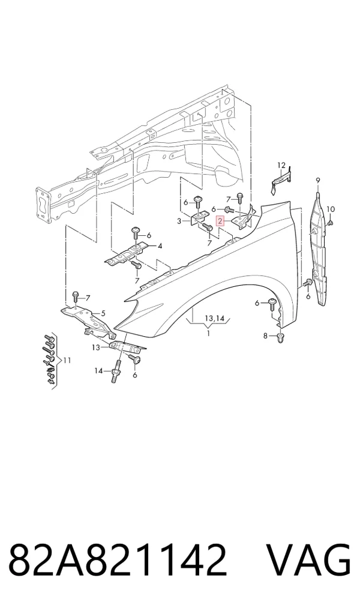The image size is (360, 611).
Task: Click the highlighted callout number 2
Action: [220, 221]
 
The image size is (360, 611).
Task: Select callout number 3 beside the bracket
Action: [179, 221]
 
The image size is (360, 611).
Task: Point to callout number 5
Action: [103, 313]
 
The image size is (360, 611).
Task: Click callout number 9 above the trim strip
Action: [318, 180]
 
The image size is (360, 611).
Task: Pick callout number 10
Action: [331, 209]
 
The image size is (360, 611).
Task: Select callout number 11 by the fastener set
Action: [67, 361]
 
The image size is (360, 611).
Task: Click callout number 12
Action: [281, 166]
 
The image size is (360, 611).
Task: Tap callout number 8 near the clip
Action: [265, 336]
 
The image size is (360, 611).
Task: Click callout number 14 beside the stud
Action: [99, 370]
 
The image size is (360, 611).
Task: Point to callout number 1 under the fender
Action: [209, 334]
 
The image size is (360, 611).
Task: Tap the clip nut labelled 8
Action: [280, 339]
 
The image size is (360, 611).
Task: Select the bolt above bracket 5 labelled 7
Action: [76, 297]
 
